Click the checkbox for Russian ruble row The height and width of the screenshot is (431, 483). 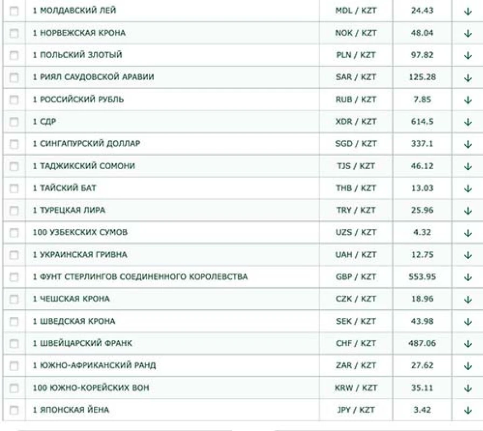pos(14,100)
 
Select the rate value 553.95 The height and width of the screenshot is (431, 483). pos(422,277)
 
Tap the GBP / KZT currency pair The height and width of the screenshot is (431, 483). pos(356,277)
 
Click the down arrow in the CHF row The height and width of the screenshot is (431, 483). pos(467,344)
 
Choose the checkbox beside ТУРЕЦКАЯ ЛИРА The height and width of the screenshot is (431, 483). pos(14,211)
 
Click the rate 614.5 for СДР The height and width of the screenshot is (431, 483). pos(422,122)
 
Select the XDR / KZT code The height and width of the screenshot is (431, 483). pos(356,122)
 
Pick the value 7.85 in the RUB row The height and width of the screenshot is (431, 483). pos(422,100)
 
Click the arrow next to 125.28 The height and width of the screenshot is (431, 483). pos(467,78)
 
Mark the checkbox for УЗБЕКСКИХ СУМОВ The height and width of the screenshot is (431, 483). pos(14,233)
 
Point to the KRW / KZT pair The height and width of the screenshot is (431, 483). pos(356,388)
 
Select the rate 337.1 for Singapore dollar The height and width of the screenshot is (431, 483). pos(422,144)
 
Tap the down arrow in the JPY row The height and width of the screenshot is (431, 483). pos(467,411)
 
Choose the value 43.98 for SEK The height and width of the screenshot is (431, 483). pos(422,321)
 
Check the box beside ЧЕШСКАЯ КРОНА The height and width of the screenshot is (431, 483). pos(14,299)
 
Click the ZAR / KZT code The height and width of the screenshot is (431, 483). pos(356,365)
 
